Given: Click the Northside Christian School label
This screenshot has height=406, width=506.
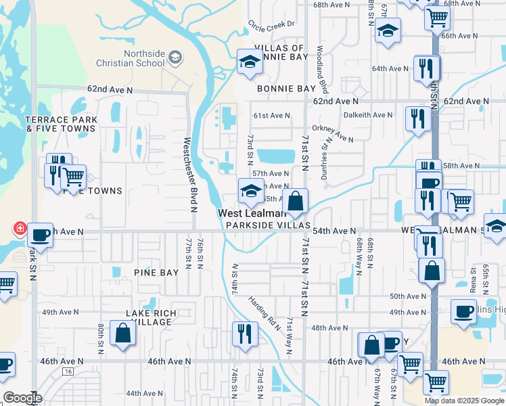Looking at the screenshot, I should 143,58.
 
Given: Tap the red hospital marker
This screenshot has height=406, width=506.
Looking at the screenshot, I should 20,229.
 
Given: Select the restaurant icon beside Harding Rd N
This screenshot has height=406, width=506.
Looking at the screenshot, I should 244,334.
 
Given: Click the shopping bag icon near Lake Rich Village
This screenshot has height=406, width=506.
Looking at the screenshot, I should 122,334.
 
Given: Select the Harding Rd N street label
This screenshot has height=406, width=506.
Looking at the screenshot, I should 264,312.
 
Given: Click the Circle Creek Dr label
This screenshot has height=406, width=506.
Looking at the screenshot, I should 272,24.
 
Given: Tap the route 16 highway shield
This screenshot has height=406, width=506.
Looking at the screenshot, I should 68,371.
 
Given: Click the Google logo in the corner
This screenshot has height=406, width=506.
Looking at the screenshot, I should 22,398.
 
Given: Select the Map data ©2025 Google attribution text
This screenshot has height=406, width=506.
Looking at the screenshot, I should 464,401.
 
